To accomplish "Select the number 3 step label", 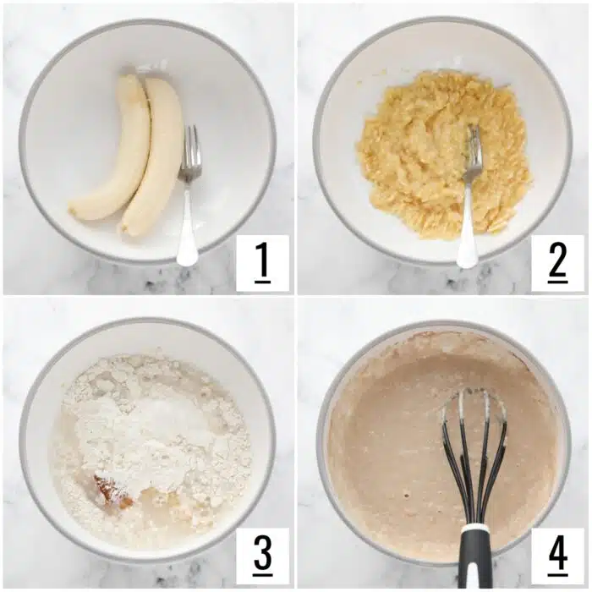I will tap(262, 556).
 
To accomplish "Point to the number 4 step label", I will tap(557, 556).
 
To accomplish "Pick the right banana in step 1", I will tap(157, 156).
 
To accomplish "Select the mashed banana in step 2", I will tap(423, 152).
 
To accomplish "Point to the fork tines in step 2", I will tap(474, 151).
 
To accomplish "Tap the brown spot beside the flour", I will tap(111, 491).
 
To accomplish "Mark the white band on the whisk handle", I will tap(476, 529).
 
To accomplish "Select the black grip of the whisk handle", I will tap(476, 562).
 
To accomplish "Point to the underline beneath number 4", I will tap(557, 574).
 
